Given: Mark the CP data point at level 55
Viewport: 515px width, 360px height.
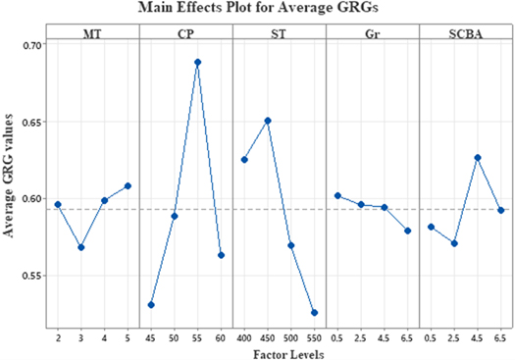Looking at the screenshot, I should [197, 62].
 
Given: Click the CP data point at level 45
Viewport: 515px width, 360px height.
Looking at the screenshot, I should [151, 305].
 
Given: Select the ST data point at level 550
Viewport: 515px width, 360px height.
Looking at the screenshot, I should [314, 313].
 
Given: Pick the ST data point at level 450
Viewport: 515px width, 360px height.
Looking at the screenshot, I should [268, 121].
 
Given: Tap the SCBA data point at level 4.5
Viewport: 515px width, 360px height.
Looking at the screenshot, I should [477, 157].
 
